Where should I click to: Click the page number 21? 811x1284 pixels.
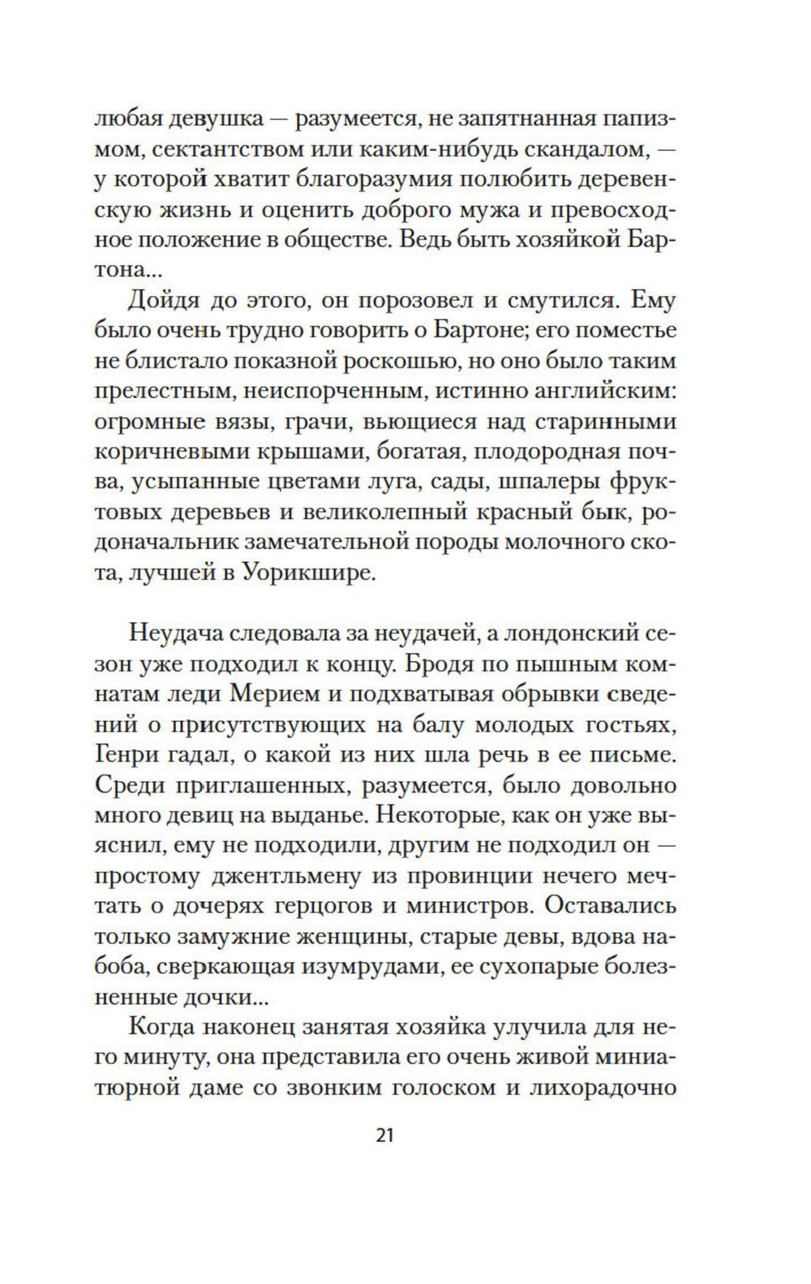pyautogui.click(x=384, y=1135)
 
